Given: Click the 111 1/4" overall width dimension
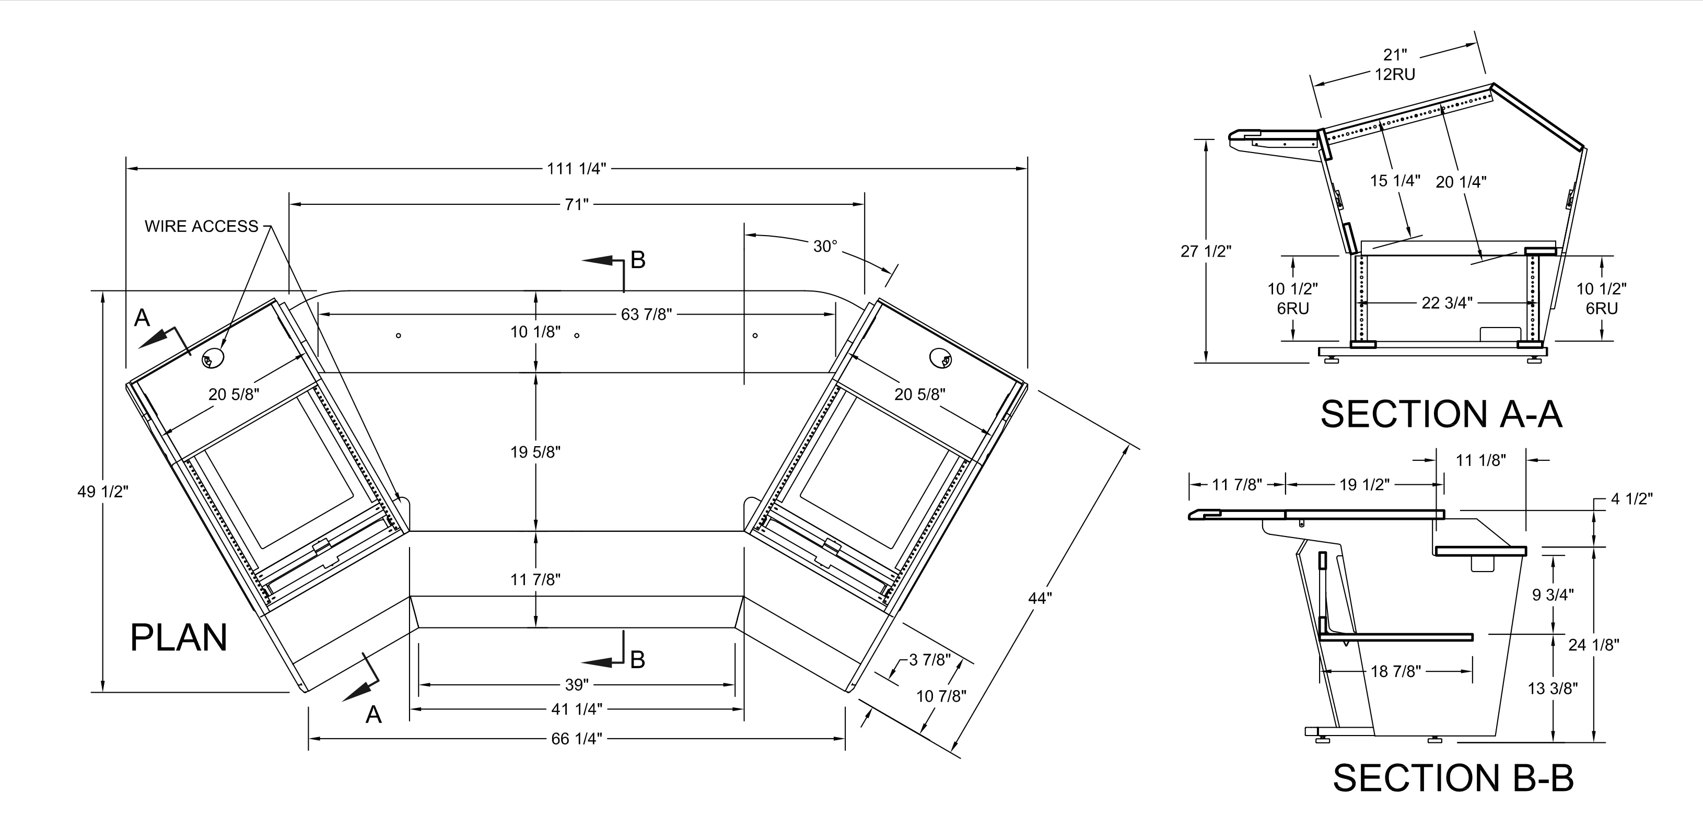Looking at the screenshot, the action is click(576, 169).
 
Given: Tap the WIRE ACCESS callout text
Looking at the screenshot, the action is click(202, 226).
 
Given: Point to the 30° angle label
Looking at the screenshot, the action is click(825, 246).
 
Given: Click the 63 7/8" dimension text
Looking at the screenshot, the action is click(646, 314).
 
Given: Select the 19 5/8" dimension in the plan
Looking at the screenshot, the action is click(535, 452).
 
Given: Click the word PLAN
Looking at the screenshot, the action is click(179, 637).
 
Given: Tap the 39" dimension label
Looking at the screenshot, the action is click(577, 684).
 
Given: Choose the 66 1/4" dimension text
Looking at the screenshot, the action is click(577, 739).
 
